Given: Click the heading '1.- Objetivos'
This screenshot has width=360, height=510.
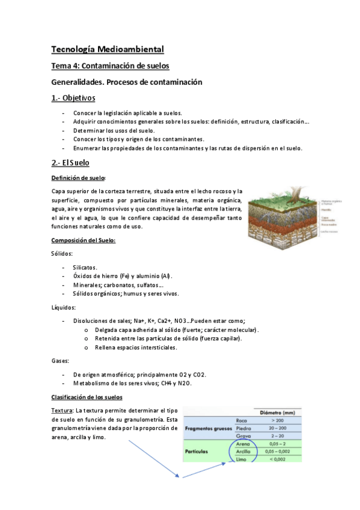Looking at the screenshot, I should pyautogui.click(x=73, y=98).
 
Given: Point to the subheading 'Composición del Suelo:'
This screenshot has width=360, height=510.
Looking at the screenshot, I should pyautogui.click(x=83, y=241).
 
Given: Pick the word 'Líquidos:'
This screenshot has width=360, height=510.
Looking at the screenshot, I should pyautogui.click(x=64, y=307).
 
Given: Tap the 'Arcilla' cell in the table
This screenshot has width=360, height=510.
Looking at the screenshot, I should pyautogui.click(x=242, y=451).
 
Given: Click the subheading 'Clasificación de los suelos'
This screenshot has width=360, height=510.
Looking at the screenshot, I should pyautogui.click(x=87, y=398).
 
